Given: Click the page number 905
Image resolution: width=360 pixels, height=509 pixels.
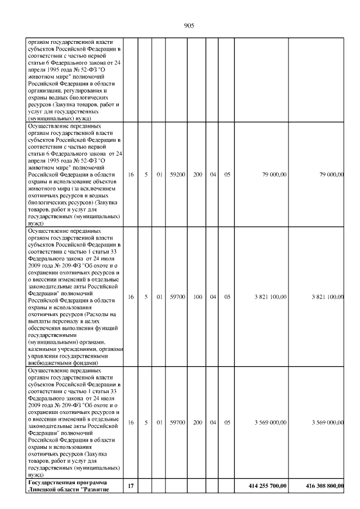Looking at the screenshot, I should (189, 25).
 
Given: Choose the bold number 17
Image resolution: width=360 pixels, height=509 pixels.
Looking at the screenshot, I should (130, 485).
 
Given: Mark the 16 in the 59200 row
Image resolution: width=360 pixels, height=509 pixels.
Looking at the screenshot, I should (130, 175).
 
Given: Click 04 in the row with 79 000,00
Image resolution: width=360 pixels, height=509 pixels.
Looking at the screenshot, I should (213, 175).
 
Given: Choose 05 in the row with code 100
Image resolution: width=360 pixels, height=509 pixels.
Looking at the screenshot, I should (227, 296).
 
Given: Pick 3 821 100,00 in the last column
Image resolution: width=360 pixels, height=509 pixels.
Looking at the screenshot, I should (327, 296).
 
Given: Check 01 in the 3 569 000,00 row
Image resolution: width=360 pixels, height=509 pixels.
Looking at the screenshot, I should (160, 422).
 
